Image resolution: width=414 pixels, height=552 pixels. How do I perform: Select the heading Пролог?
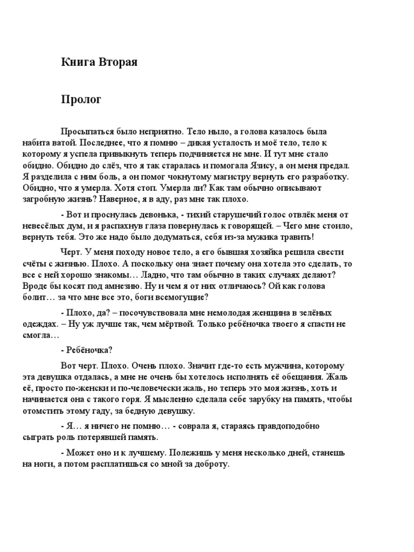[81, 100]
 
